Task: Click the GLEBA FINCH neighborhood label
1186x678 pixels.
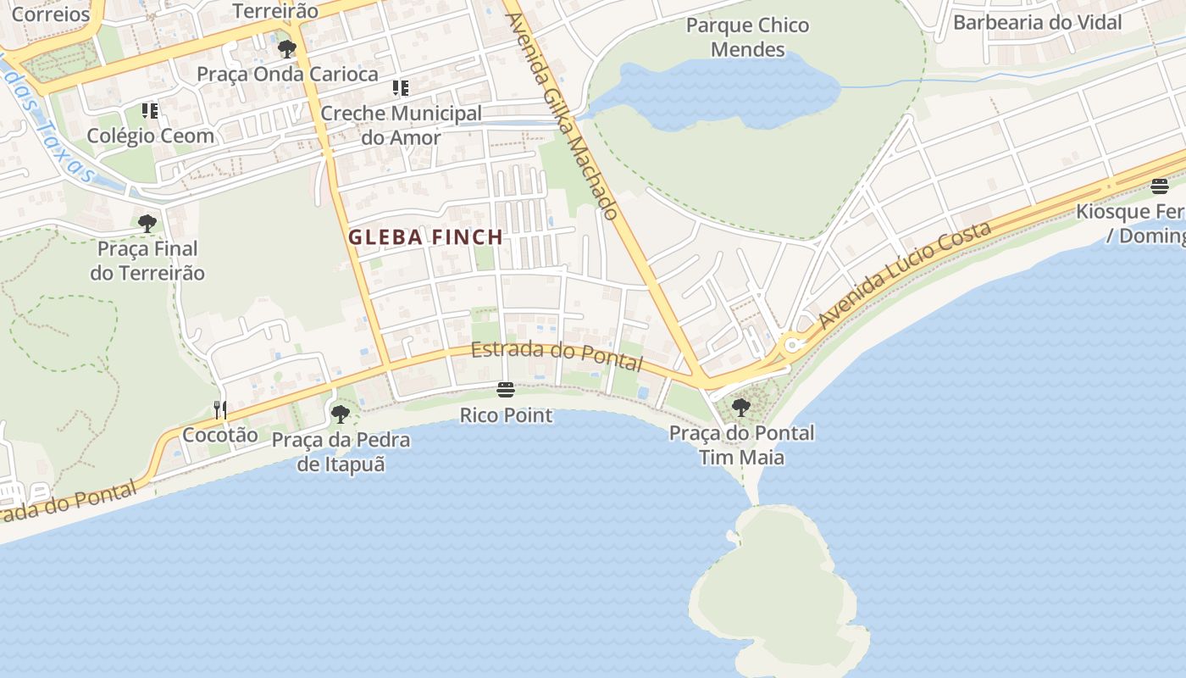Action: click(x=425, y=237)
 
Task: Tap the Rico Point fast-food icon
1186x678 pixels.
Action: click(x=506, y=390)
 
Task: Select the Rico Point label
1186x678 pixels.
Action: click(x=506, y=415)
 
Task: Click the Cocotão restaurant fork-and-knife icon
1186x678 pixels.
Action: click(x=220, y=410)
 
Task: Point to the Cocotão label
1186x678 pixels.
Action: click(x=220, y=435)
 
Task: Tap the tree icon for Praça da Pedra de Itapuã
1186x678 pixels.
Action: click(x=340, y=414)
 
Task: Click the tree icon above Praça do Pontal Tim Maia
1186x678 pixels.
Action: click(x=740, y=408)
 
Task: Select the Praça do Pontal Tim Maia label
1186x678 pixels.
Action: click(x=741, y=445)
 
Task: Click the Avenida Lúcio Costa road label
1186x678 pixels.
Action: click(x=904, y=275)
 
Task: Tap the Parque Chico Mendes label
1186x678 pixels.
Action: click(x=747, y=37)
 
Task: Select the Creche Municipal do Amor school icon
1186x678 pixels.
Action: click(x=401, y=88)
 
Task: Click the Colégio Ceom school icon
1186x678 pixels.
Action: click(x=150, y=111)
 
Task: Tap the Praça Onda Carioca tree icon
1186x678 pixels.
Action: click(x=287, y=49)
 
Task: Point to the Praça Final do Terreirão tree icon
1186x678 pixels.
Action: click(x=147, y=224)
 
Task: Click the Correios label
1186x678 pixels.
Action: click(x=51, y=14)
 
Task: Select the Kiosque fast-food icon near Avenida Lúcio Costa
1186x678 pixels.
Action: click(x=1159, y=186)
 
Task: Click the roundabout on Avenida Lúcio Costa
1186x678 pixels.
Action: click(x=793, y=345)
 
